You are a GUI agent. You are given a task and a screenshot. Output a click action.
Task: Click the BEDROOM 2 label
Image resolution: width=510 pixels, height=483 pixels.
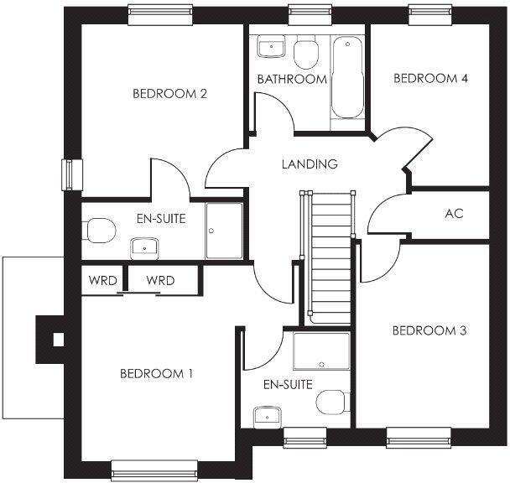coord(169,94)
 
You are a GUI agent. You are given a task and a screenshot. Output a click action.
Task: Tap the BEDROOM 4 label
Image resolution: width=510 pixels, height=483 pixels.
coord(430,79)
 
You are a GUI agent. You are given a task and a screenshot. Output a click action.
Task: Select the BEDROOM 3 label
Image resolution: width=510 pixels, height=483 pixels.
coord(429,330)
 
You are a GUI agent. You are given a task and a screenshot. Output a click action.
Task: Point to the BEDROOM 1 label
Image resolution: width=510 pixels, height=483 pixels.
coord(156,374)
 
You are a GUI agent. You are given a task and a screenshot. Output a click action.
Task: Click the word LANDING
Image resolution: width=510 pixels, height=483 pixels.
coord(310,164)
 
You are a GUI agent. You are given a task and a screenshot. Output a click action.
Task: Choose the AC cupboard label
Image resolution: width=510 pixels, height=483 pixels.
coord(454,214)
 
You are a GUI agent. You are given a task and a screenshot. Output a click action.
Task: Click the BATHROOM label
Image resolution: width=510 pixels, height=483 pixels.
coord(292,80)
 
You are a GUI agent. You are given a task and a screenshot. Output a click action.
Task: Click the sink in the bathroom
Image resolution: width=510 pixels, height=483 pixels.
coord(270,47)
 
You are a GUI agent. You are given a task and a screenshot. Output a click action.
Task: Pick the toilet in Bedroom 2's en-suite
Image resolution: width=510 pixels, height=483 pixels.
coord(98,229)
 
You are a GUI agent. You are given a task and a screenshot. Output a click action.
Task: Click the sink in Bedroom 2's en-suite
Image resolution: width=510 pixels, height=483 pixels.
coord(145,247)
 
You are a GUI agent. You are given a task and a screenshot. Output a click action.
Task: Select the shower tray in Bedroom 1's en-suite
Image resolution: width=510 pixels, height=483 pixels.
coord(321,351)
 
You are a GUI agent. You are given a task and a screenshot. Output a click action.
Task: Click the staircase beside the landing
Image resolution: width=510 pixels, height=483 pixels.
coord(328,256)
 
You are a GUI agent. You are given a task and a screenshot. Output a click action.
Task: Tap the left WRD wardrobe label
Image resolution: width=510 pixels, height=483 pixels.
coord(101,280)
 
